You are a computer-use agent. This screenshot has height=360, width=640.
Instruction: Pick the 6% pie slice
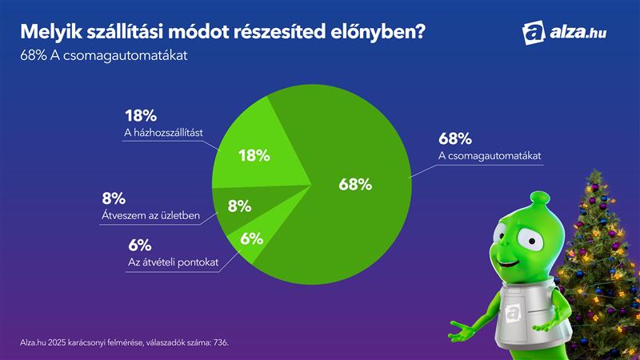(250, 238)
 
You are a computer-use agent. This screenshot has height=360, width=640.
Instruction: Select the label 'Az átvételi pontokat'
(174, 262)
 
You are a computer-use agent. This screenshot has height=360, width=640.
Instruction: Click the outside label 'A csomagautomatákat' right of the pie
(490, 155)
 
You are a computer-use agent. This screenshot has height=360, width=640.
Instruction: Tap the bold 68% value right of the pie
(454, 138)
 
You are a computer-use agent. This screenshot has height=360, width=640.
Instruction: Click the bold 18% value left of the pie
(140, 114)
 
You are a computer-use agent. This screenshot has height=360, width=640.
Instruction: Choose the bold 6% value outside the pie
(139, 245)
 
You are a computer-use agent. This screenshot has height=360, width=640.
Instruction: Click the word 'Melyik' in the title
(50, 32)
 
